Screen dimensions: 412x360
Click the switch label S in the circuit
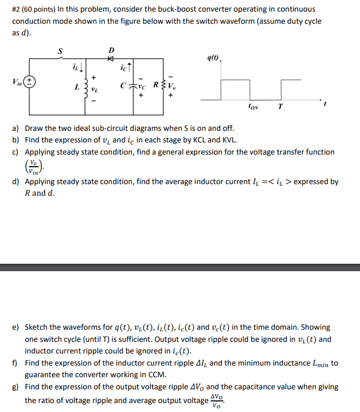(x=60, y=51)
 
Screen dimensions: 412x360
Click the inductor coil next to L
(x=84, y=85)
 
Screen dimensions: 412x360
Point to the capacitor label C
(x=123, y=85)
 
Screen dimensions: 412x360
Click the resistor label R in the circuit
(x=155, y=84)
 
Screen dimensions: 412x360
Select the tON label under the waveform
(x=253, y=106)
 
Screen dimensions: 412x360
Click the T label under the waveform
(x=280, y=106)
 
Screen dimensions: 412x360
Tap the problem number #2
(x=16, y=9)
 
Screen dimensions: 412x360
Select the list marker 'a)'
(x=16, y=128)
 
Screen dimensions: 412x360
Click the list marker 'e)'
(x=16, y=327)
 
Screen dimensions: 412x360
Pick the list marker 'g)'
(x=16, y=387)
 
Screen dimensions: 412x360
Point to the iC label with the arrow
(x=125, y=67)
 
